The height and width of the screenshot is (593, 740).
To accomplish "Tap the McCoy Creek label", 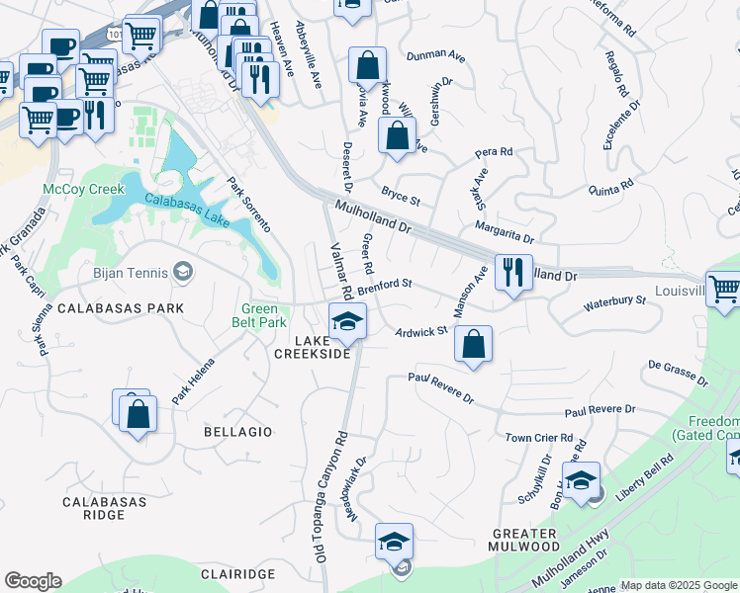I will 83,189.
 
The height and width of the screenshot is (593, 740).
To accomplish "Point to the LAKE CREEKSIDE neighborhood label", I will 322,347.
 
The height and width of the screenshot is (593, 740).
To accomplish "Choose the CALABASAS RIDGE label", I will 104,508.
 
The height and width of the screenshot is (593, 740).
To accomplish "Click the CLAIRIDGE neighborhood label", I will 236,574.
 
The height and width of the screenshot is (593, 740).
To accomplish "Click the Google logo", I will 32,581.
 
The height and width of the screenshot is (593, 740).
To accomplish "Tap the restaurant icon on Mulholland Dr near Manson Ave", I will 512,272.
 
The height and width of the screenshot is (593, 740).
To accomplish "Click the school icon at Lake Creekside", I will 347,320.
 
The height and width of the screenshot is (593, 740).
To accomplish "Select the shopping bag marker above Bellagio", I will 138,413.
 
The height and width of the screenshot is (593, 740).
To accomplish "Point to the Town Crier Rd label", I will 539,437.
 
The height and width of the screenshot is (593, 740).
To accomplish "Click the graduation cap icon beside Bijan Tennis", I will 182,271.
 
